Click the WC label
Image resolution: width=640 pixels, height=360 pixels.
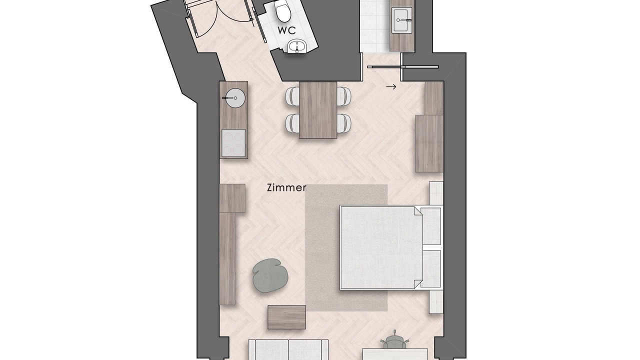286,30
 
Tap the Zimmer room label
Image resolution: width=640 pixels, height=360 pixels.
286,187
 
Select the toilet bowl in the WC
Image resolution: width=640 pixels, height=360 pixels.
283,11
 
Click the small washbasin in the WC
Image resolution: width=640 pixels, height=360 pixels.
297,46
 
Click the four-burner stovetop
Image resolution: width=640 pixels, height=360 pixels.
233,143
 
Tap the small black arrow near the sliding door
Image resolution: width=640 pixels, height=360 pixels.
391,86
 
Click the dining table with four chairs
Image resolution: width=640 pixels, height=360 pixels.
318,110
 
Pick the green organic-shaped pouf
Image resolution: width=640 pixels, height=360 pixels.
270,275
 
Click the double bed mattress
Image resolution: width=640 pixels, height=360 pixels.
381,247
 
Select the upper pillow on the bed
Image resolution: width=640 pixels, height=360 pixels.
430,226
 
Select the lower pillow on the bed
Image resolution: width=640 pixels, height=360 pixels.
430,269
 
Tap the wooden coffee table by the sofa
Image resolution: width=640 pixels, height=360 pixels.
287,317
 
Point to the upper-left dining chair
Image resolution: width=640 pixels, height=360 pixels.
292,95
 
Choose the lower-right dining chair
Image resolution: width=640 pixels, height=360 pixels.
344,123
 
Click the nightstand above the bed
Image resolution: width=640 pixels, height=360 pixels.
436,193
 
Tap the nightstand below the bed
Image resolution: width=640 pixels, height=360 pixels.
436,301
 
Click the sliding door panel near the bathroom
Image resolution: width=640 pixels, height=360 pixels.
403,67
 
